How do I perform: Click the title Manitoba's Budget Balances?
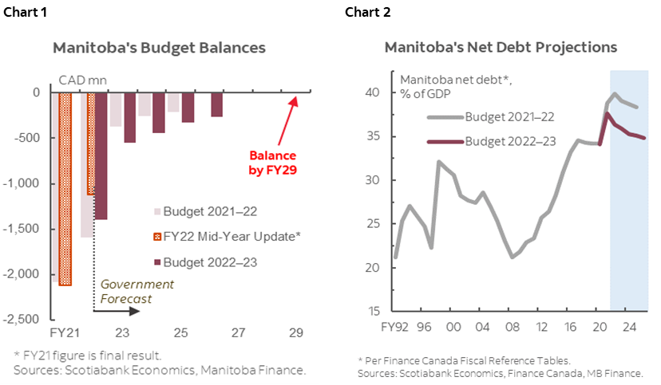coord(158,48)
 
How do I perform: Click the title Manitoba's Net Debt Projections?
coord(501,47)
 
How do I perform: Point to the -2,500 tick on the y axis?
coord(25,319)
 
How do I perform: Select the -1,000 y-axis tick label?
coord(25,183)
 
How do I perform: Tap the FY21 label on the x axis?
coord(62,332)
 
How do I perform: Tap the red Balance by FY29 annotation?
coord(272,163)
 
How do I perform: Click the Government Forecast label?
coord(137,291)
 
